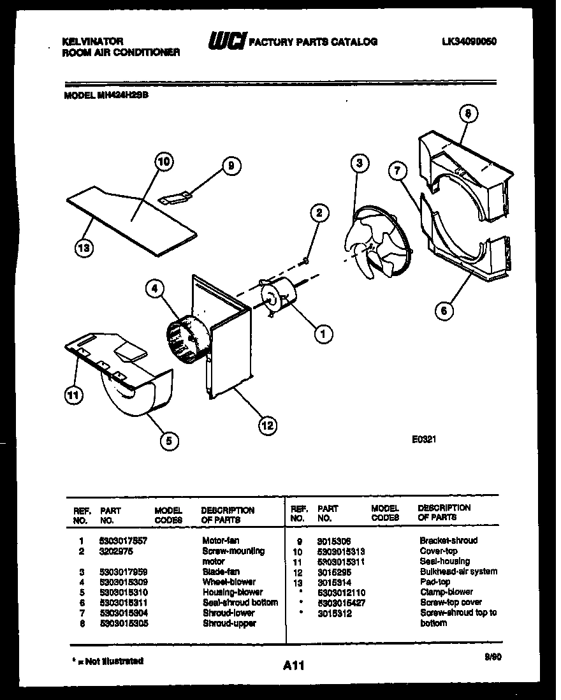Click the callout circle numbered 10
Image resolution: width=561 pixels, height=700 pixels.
pos(163,163)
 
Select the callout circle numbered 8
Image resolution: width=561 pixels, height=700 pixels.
pos(467,113)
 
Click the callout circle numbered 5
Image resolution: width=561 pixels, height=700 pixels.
pos(169,439)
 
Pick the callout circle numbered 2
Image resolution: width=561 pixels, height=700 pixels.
pos(320,212)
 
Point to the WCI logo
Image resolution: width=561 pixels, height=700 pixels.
pos(226,41)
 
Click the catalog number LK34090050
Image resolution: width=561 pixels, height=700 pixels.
pos(469,41)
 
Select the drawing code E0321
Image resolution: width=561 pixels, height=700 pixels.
pos(423,439)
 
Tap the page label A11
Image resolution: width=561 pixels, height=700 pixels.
pos(293,666)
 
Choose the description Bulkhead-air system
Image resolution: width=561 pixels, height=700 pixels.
pos(458,571)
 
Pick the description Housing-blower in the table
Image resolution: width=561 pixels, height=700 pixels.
pos(232,592)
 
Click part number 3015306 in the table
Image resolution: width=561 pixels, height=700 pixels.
pos(333,541)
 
